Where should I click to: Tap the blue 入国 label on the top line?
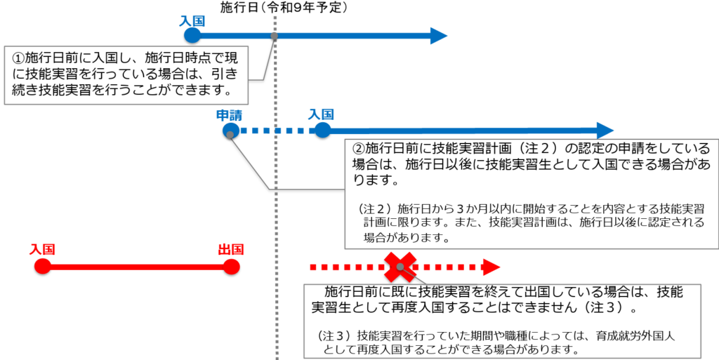192,22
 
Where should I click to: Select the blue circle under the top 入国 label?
192,36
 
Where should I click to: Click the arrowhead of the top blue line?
439,36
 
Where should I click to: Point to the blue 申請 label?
229,116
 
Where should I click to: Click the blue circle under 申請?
230,131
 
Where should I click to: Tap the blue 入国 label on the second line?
320,114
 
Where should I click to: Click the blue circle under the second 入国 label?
322,131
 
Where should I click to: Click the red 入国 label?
42,250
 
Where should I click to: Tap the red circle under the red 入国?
42,267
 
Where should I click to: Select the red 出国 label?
230,250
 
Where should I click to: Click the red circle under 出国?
231,267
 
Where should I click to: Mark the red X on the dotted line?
400,267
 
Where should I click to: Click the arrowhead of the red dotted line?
492,267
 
